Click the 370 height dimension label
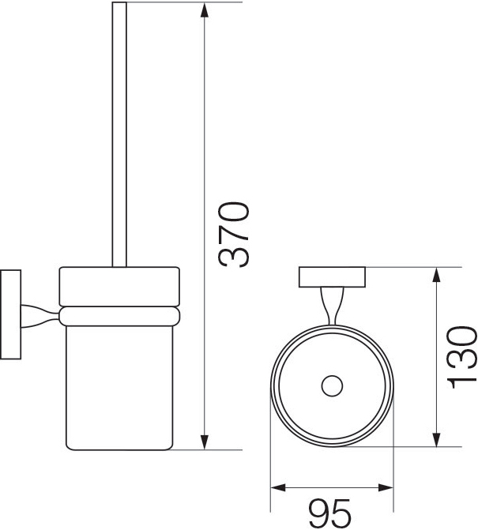[234, 235]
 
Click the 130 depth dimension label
[461, 357]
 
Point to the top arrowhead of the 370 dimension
[204, 11]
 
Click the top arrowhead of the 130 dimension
[437, 275]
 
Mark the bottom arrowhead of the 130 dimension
[437, 438]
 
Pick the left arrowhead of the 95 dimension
[279, 488]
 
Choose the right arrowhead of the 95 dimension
[386, 488]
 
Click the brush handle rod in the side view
[119, 134]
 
